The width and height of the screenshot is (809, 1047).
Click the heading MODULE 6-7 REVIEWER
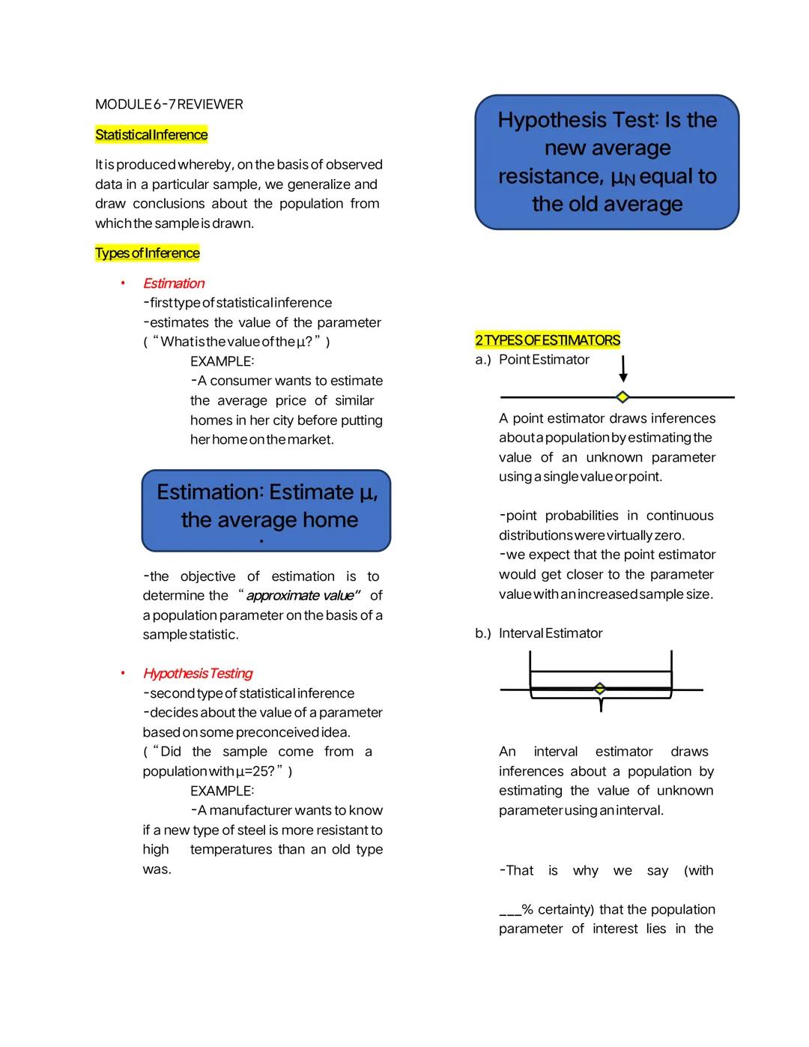coord(169,104)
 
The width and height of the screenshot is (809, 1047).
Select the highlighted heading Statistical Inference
coord(151,135)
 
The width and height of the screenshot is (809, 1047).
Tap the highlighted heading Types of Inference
coord(148,253)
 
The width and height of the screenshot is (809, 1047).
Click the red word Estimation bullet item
coord(174,283)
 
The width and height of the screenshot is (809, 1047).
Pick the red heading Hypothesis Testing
coord(198,673)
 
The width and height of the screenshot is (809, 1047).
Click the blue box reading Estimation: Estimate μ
coord(266,510)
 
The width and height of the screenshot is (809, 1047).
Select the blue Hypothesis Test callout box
coord(607,162)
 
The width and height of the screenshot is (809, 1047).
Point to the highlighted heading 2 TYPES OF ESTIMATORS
coord(548,340)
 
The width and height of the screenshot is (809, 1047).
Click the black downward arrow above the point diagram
coord(622,369)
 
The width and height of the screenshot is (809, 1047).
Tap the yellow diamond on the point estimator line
coord(622,396)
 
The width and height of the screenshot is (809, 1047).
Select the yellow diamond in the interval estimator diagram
coord(599,689)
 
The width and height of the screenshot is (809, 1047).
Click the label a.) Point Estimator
coord(533,360)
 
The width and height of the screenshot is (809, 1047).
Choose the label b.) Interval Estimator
coord(539,633)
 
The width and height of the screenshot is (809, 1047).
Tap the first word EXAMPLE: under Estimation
coord(222,361)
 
